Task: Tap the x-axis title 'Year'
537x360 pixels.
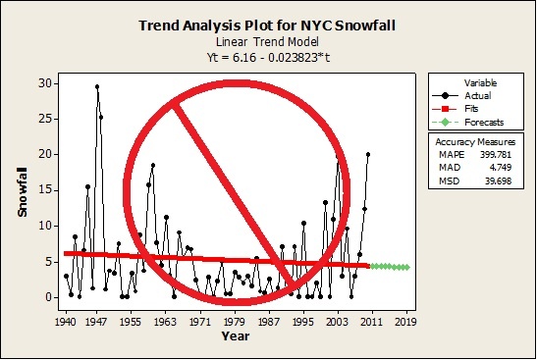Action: (235, 335)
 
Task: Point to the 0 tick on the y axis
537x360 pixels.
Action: (41, 296)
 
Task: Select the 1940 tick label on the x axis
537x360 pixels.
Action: (67, 320)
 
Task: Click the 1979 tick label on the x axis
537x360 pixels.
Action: (236, 320)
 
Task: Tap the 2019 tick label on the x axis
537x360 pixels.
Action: (405, 320)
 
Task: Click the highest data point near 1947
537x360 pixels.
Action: (97, 86)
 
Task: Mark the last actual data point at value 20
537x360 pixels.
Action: (368, 154)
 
